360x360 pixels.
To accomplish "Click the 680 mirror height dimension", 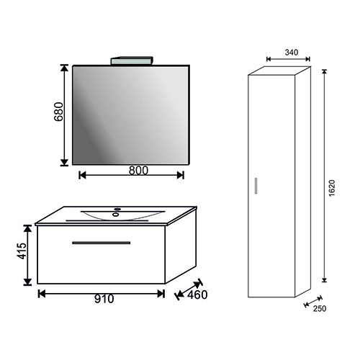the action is coord(58,112).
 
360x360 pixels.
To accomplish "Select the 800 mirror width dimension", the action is coord(138,171).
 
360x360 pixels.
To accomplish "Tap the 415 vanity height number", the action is coord(22,251).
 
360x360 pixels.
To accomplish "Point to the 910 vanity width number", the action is coord(104,299).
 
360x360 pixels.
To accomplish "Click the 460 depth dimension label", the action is coord(197,295).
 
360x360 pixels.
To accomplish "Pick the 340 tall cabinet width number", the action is coord(292,53).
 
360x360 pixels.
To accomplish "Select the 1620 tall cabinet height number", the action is coord(331,188).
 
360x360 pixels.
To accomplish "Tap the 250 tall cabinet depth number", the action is coord(320,309).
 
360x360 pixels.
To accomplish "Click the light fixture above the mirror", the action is coord(132,60).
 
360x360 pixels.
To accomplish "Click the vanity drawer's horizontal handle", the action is coord(102,243).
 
